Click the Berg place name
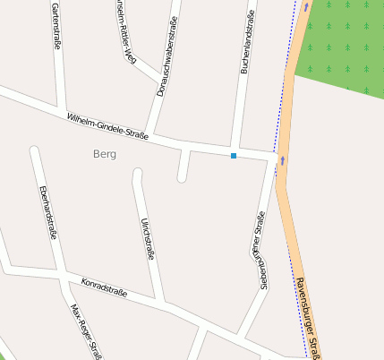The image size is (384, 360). [x=104, y=154]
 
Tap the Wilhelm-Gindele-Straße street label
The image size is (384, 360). [x=107, y=125]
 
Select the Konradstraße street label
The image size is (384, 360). [x=104, y=287]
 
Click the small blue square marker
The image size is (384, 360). [x=234, y=156]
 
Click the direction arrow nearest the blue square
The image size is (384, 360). [x=283, y=161]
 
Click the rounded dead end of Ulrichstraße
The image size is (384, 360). [x=138, y=173]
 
